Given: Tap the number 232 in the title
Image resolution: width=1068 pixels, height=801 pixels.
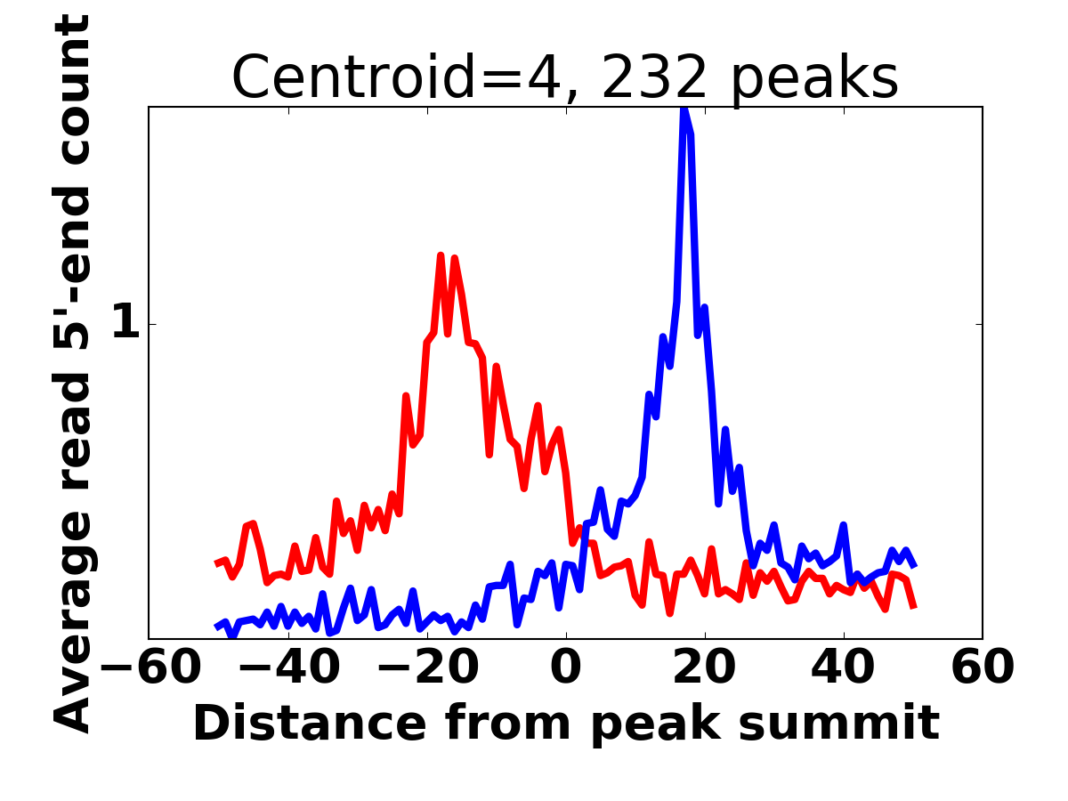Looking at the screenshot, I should point(655,78).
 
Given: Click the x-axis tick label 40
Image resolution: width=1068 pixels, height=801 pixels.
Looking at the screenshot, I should point(844,667).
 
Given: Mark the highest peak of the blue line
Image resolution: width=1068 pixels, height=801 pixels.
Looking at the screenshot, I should point(684,109).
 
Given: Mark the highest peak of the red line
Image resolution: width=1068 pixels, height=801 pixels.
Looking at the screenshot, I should point(441,256).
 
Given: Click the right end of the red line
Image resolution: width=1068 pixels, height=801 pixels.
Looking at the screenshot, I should point(914,607).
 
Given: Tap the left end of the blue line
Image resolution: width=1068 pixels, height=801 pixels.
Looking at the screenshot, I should point(218,627).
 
